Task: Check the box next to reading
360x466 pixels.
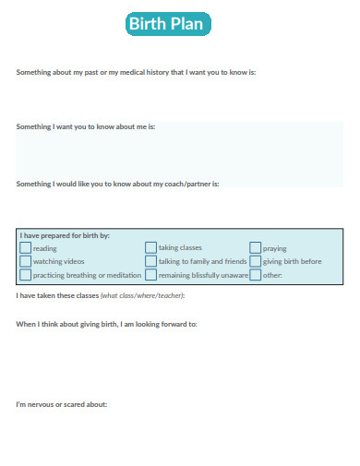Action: [25, 248]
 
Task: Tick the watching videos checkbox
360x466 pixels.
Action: [25, 261]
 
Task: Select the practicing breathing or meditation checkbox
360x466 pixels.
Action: [25, 275]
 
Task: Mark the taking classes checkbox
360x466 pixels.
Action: [150, 248]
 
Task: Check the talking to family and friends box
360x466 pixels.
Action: [150, 261]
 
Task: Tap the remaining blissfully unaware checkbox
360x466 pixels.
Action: [150, 275]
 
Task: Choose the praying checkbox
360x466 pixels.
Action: [255, 248]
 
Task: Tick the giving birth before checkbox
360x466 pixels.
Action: [255, 261]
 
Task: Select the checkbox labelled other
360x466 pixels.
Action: [255, 275]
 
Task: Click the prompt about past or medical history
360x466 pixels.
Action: [136, 71]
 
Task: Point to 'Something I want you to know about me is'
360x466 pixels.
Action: [86, 126]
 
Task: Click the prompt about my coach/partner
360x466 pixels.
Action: [117, 184]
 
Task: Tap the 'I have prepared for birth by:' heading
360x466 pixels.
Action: [65, 235]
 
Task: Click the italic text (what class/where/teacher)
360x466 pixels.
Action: [143, 295]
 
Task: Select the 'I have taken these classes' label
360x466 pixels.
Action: [57, 295]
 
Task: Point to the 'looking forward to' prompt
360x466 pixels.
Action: [106, 324]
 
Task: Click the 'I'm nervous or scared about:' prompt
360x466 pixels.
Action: [62, 404]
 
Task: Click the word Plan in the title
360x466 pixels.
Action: [187, 25]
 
